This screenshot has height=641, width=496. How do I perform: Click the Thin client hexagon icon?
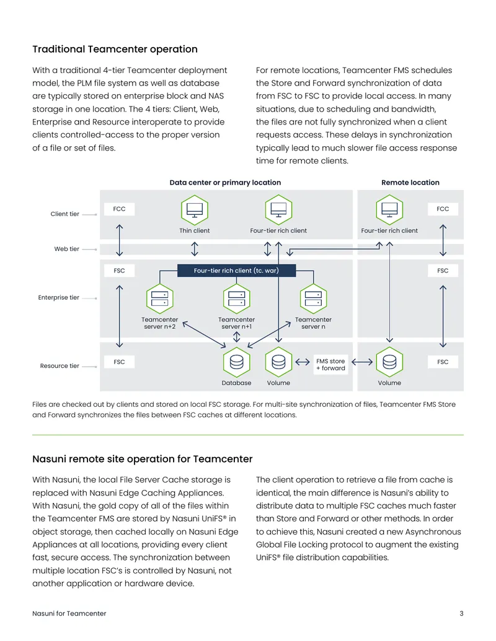pyautogui.click(x=195, y=210)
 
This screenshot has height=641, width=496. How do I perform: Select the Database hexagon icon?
pyautogui.click(x=237, y=362)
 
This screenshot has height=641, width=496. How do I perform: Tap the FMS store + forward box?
pyautogui.click(x=330, y=365)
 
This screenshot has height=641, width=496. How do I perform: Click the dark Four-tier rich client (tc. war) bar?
pyautogui.click(x=237, y=271)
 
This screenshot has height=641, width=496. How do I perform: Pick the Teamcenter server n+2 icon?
pyautogui.click(x=159, y=299)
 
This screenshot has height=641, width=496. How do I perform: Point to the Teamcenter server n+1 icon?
pyautogui.click(x=237, y=299)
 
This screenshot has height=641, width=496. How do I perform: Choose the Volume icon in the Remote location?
pyautogui.click(x=389, y=362)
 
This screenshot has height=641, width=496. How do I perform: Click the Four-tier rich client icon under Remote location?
pyautogui.click(x=389, y=210)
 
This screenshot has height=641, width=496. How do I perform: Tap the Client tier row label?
pyautogui.click(x=64, y=214)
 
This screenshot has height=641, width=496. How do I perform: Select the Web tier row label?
pyautogui.click(x=67, y=249)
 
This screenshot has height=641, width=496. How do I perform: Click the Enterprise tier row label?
pyautogui.click(x=58, y=298)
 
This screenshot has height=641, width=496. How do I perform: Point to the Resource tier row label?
pyautogui.click(x=60, y=366)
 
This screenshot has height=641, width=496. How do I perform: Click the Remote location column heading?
pyautogui.click(x=410, y=183)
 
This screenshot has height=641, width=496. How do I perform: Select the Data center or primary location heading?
pyautogui.click(x=226, y=183)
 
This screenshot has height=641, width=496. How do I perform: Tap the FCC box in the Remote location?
pyautogui.click(x=443, y=209)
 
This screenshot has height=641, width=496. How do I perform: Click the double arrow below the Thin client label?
pyautogui.click(x=195, y=249)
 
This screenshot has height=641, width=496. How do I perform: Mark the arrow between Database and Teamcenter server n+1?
pyautogui.click(x=237, y=337)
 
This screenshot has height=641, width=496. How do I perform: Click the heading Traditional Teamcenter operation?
pyautogui.click(x=115, y=50)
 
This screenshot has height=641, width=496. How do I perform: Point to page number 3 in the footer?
pyautogui.click(x=462, y=614)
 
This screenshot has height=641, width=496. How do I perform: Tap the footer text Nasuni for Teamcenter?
pyautogui.click(x=69, y=614)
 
